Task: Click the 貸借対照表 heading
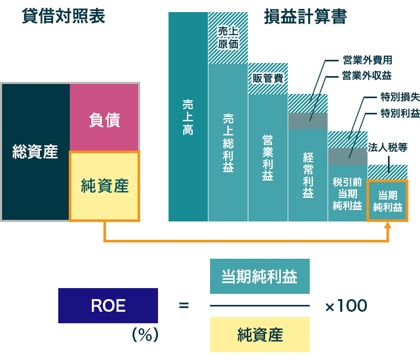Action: click(64, 16)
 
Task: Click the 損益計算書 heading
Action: click(305, 16)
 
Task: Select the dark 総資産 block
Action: click(35, 152)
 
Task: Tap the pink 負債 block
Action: click(104, 120)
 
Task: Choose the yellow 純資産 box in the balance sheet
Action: click(104, 186)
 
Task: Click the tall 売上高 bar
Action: click(188, 117)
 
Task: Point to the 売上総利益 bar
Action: click(228, 142)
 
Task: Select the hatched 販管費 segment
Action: click(268, 79)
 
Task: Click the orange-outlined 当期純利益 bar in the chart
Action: click(387, 200)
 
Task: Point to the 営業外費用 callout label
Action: click(367, 60)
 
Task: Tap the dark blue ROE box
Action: click(108, 305)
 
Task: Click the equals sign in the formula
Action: click(184, 305)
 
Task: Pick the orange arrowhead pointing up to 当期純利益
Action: click(388, 226)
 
